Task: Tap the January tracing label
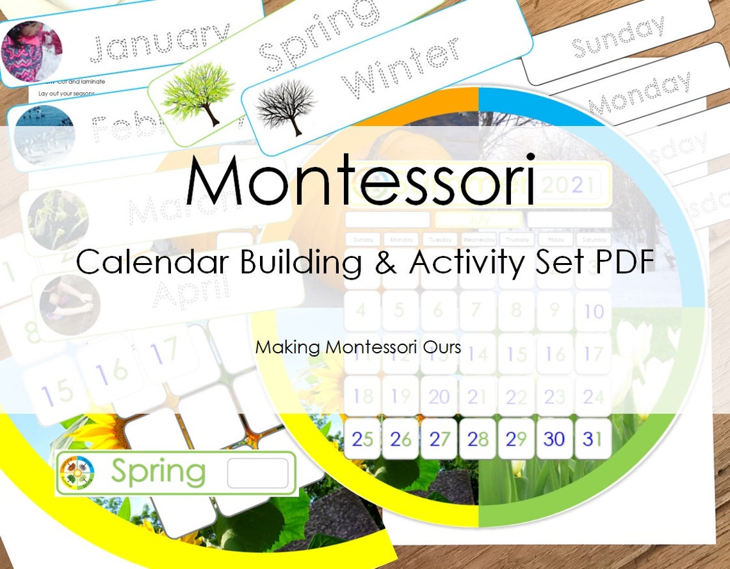(159, 44)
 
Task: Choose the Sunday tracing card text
(617, 37)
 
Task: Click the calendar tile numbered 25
(362, 439)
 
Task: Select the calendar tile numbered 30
(555, 439)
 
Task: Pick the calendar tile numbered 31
(592, 439)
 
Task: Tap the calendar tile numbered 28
(478, 439)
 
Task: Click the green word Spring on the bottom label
(158, 472)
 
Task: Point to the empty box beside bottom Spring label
(258, 473)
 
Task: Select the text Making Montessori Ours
(358, 347)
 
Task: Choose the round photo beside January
(31, 51)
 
